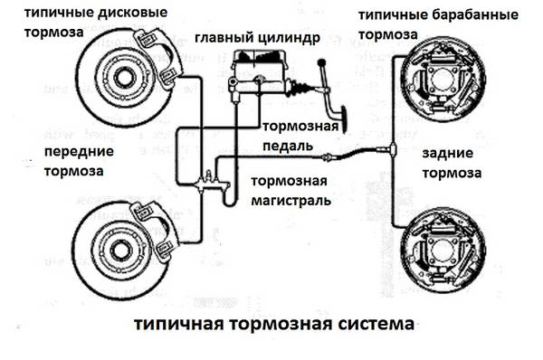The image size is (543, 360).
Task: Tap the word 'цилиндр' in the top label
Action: [290, 39]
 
